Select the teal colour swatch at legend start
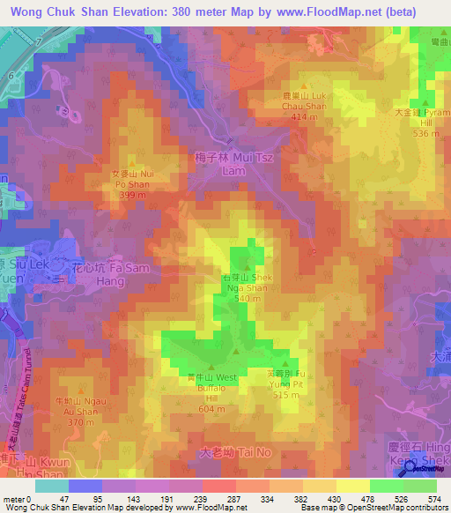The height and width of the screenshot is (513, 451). tap(51, 486)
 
